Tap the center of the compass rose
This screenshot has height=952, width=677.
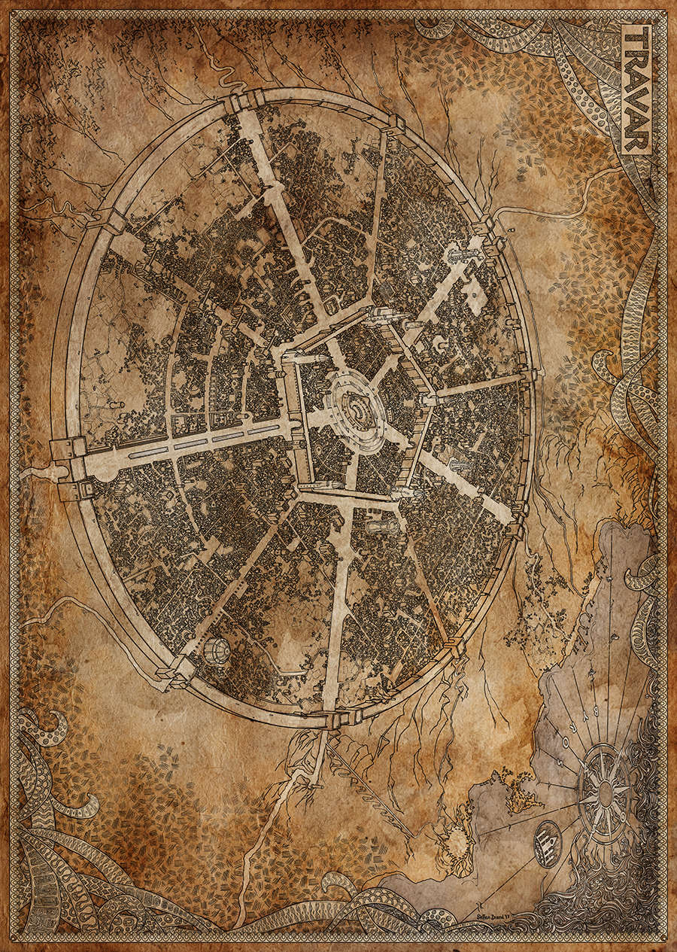(x=605, y=792)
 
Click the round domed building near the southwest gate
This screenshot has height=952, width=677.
(x=215, y=650)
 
